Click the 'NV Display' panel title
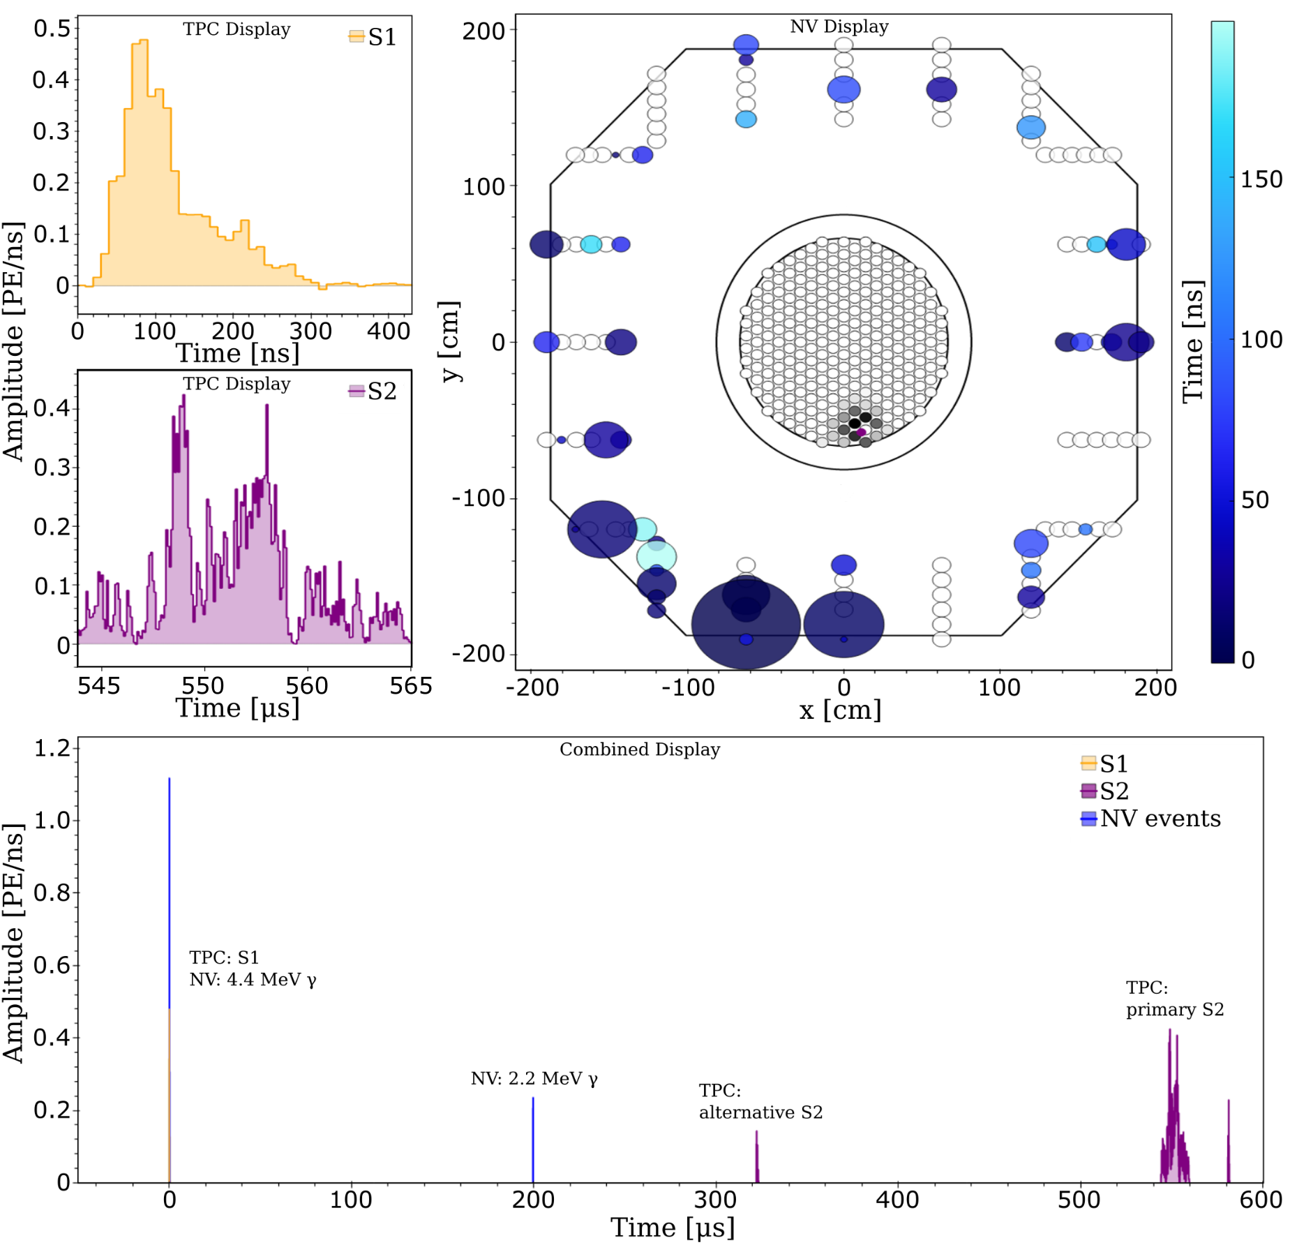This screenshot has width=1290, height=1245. pyautogui.click(x=839, y=27)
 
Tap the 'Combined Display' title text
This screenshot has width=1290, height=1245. pyautogui.click(x=640, y=750)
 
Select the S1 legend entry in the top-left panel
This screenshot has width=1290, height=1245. pyautogui.click(x=373, y=37)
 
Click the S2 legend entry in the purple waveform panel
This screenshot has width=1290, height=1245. pyautogui.click(x=373, y=392)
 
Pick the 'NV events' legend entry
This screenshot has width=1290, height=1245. pyautogui.click(x=1150, y=819)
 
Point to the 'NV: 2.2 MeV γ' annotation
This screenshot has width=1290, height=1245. pyautogui.click(x=534, y=1079)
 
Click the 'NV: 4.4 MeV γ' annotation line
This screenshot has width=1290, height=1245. pyautogui.click(x=253, y=980)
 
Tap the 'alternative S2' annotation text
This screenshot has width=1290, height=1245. pyautogui.click(x=761, y=1112)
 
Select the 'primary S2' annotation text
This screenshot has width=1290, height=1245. pyautogui.click(x=1175, y=1010)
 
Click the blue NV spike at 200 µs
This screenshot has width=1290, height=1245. pyautogui.click(x=533, y=1140)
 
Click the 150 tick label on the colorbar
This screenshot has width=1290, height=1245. pyautogui.click(x=1261, y=179)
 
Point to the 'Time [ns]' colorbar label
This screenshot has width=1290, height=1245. pyautogui.click(x=1193, y=341)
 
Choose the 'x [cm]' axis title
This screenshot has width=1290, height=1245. pyautogui.click(x=840, y=710)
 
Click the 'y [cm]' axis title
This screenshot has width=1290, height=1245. pyautogui.click(x=450, y=341)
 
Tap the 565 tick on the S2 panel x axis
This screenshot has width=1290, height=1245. pyautogui.click(x=411, y=686)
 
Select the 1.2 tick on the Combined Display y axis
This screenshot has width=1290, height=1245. pyautogui.click(x=52, y=748)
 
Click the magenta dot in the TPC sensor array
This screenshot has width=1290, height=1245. pyautogui.click(x=861, y=432)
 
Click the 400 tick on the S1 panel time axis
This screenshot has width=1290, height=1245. pyautogui.click(x=389, y=331)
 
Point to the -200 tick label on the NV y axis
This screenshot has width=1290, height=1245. pyautogui.click(x=478, y=654)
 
